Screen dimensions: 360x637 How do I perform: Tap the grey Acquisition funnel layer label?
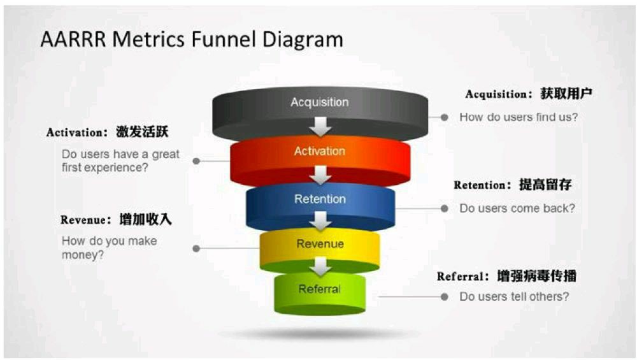tap(320, 102)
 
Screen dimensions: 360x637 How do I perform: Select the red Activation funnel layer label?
tap(320, 151)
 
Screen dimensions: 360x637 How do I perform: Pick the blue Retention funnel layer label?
tap(320, 199)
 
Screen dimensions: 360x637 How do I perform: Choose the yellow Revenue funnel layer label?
tap(320, 244)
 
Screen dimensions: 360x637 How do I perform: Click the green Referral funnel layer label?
tap(320, 289)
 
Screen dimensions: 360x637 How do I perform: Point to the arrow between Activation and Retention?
tap(320, 175)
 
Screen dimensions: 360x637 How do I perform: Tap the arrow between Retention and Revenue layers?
tap(320, 221)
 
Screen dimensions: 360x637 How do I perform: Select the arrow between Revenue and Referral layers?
tap(320, 266)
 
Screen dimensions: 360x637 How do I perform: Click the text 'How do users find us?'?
tap(519, 117)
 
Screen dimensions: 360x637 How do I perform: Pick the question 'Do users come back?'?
tap(517, 208)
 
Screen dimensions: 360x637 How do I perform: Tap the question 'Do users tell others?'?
tap(514, 297)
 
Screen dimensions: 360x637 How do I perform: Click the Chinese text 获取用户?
tap(566, 94)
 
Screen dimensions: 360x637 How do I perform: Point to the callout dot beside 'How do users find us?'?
tap(445, 117)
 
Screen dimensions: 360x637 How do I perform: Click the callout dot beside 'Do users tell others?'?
tap(445, 297)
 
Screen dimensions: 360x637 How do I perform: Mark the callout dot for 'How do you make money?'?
tap(196, 248)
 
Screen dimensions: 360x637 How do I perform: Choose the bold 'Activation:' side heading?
tap(77, 133)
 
